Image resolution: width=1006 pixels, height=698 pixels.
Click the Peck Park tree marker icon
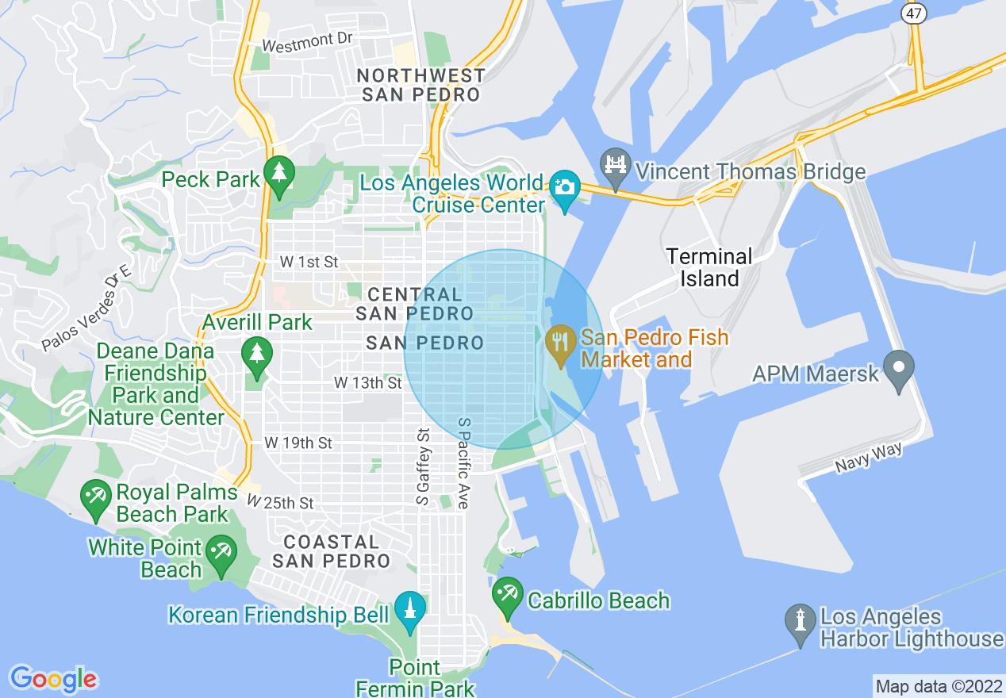(x=278, y=175)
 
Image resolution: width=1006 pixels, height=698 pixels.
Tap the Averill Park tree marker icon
(x=256, y=355)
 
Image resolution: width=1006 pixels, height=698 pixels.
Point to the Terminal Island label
(x=709, y=267)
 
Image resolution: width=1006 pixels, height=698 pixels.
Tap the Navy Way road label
(x=869, y=459)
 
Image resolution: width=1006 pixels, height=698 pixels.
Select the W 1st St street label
(x=309, y=262)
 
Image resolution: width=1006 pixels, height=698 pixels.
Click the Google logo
(x=53, y=679)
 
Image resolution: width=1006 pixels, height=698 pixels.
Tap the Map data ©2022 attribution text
(x=938, y=685)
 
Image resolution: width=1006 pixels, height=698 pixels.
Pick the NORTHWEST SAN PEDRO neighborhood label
(x=421, y=85)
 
